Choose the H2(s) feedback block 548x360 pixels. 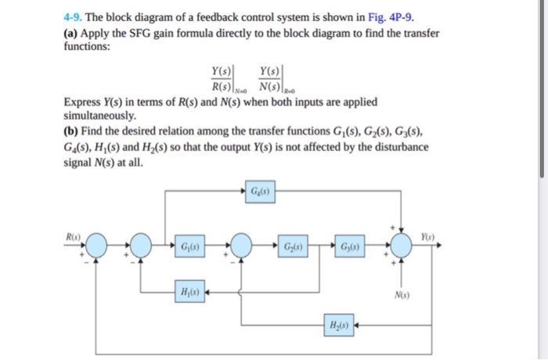pyautogui.click(x=338, y=323)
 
